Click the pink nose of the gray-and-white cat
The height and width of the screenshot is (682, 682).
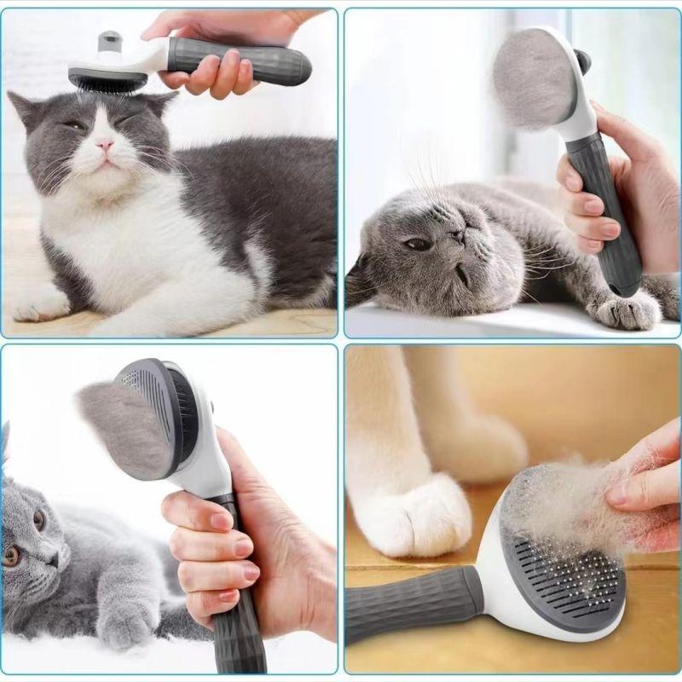click(x=104, y=145)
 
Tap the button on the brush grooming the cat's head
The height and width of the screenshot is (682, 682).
click(x=109, y=41)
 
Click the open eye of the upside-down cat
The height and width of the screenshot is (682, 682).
click(x=417, y=244)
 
